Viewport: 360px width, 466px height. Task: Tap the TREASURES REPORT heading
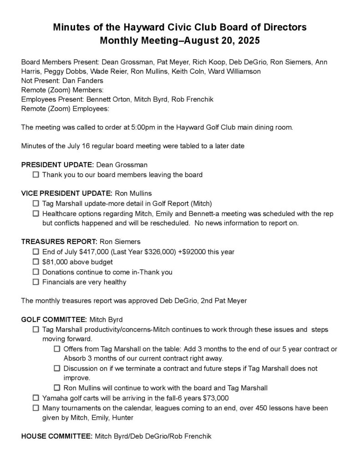tap(57, 242)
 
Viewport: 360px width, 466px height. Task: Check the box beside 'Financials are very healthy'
tap(36, 283)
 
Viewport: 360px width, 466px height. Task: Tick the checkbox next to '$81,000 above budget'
tap(36, 262)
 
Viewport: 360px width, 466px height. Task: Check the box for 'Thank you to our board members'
tap(36, 175)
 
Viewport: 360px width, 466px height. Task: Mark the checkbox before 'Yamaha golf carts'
tap(36, 398)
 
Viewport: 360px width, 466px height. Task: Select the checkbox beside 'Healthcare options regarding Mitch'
tap(36, 213)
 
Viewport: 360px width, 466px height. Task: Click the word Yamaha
tap(55, 398)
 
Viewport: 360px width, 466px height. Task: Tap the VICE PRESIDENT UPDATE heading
tap(66, 193)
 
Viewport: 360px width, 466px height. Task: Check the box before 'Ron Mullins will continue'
tap(57, 388)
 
